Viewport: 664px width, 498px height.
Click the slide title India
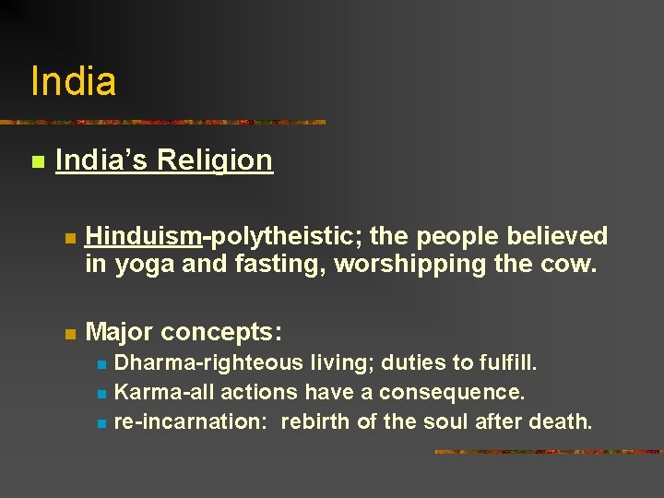pos(74,81)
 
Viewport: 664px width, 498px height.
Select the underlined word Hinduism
pos(143,237)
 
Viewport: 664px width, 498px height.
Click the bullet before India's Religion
pos(37,162)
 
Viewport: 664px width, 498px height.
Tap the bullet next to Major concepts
pos(69,332)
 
